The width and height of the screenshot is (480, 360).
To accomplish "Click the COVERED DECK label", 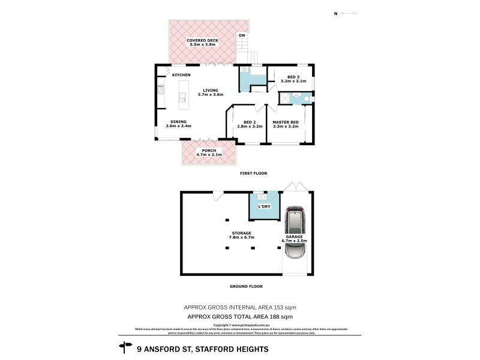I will [x=202, y=40].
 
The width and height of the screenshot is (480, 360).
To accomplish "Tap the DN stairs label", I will [x=242, y=35].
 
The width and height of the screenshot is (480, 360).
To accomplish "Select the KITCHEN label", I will [x=181, y=75].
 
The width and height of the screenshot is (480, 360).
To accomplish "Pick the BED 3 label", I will [x=293, y=77].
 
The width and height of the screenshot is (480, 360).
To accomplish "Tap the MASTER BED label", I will [x=286, y=122].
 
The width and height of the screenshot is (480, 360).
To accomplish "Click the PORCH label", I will [x=209, y=149].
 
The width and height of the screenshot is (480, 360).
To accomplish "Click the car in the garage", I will [x=295, y=234].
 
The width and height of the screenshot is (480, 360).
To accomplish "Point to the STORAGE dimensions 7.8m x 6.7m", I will [x=241, y=238].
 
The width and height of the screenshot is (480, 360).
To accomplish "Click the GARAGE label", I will [x=294, y=236].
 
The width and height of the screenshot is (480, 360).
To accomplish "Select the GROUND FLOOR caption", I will [x=247, y=286].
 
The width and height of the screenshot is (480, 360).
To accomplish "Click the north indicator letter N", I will [x=335, y=13].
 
